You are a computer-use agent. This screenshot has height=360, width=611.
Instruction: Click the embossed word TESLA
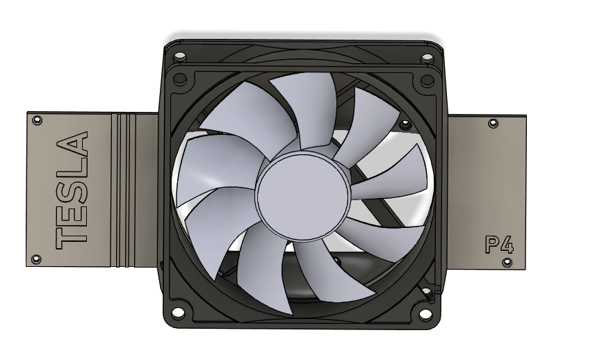72,190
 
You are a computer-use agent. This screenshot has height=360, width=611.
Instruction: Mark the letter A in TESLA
72,145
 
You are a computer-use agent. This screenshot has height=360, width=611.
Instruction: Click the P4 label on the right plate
498,245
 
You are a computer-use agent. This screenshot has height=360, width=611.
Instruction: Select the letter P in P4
491,245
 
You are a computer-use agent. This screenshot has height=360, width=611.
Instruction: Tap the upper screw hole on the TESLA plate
37,121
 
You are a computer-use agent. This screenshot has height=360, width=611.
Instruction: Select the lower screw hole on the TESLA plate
37,259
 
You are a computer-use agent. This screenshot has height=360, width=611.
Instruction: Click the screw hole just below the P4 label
507,263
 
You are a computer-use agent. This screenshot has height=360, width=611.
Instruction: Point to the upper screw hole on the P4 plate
493,124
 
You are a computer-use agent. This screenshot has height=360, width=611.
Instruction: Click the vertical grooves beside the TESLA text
124,189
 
